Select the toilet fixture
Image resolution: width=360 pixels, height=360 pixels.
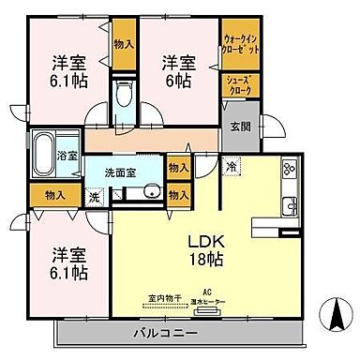[x=124, y=97]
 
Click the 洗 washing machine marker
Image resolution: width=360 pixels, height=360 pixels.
[x=94, y=198]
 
